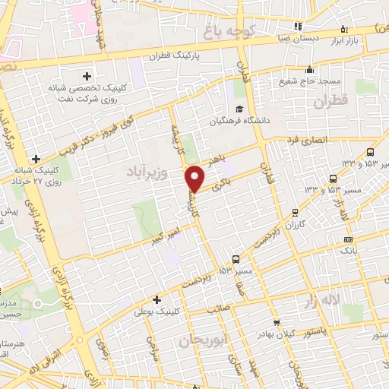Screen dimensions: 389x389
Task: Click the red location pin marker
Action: click(196, 179)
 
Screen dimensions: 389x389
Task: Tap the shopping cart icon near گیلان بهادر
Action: click(276, 323)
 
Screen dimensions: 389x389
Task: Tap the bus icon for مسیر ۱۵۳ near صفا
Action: click(236, 258)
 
